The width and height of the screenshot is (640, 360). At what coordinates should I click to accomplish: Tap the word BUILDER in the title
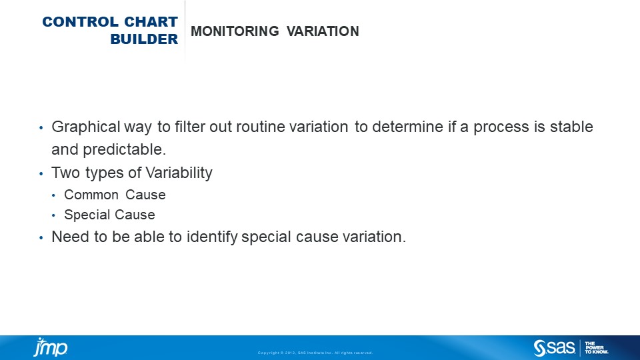tap(144, 39)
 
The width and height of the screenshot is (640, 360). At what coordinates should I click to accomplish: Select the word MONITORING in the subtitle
tap(235, 31)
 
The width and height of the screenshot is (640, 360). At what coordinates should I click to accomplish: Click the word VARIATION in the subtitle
tap(323, 31)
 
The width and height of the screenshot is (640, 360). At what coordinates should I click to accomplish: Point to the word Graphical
tap(86, 127)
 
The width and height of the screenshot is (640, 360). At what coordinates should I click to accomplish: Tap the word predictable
tap(125, 150)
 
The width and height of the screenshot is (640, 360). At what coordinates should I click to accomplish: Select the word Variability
tap(179, 173)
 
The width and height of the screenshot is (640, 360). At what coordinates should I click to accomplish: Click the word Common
tap(91, 195)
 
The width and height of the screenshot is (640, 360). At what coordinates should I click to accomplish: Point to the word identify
tap(212, 237)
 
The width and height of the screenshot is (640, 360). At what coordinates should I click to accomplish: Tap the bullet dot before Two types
tap(41, 173)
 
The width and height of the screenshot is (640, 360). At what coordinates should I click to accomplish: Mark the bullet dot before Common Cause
tap(53, 195)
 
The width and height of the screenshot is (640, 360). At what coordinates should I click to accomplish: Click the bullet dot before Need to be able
tap(41, 237)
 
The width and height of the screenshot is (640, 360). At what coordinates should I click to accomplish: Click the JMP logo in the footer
tap(51, 347)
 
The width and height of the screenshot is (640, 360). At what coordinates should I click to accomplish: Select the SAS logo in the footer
tap(554, 348)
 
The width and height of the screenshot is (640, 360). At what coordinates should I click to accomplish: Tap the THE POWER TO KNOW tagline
tap(596, 348)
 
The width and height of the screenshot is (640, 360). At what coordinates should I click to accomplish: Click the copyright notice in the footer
tap(315, 353)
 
